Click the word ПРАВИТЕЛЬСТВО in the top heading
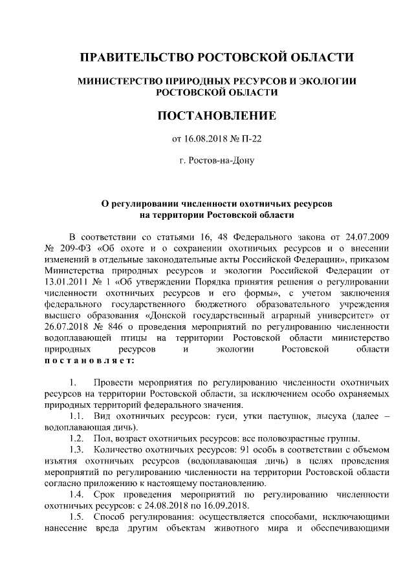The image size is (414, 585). click(x=127, y=58)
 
